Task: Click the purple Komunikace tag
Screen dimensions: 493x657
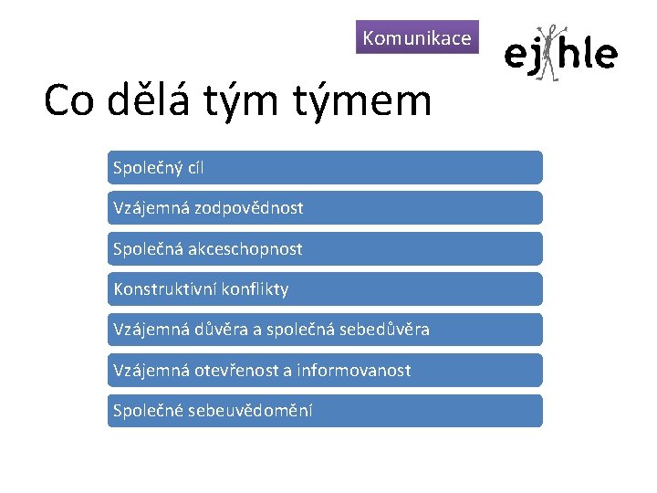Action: (x=417, y=38)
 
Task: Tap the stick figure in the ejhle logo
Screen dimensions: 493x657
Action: (x=547, y=54)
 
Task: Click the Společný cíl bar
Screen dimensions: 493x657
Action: (x=325, y=168)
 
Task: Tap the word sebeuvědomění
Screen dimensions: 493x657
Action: (x=250, y=411)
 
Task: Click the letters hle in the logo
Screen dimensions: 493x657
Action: (x=589, y=54)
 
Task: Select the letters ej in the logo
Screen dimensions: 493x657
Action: (x=520, y=56)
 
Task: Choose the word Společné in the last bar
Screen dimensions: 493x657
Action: (x=145, y=411)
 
